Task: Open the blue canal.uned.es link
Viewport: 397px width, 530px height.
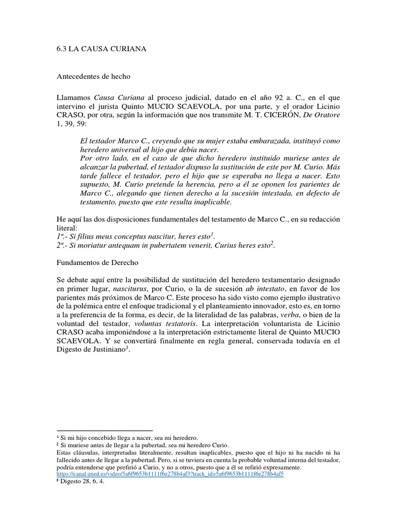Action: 170,474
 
